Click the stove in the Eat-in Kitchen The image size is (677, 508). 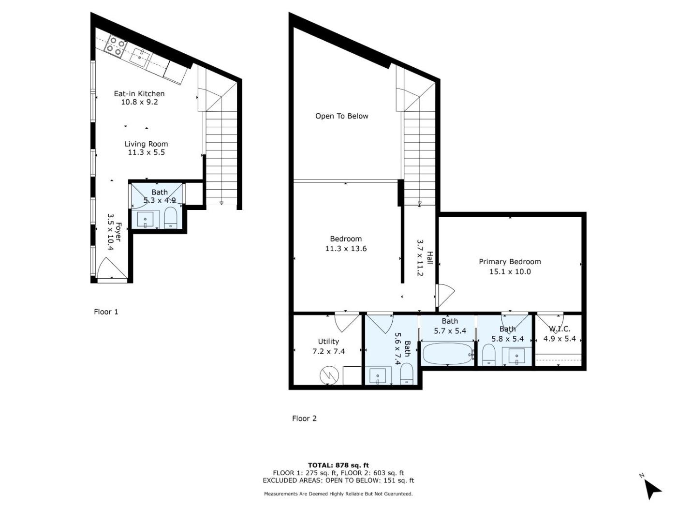pyautogui.click(x=115, y=46)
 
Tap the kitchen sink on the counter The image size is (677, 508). pyautogui.click(x=139, y=58)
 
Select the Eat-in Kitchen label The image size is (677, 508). pyautogui.click(x=139, y=93)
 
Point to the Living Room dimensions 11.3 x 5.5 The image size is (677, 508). pyautogui.click(x=146, y=152)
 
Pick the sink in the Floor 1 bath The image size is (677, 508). pyautogui.click(x=145, y=220)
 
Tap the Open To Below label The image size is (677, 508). pyautogui.click(x=341, y=116)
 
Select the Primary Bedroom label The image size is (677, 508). pyautogui.click(x=510, y=262)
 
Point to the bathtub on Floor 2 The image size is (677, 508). pyautogui.click(x=447, y=354)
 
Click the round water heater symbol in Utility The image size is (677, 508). pyautogui.click(x=329, y=376)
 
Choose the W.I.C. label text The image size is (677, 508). pyautogui.click(x=559, y=329)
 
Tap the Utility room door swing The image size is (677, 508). pyautogui.click(x=347, y=323)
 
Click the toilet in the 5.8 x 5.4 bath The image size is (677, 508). pyautogui.click(x=488, y=355)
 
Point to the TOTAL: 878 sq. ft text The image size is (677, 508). pyautogui.click(x=338, y=465)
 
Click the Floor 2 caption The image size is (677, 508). pyautogui.click(x=304, y=418)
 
